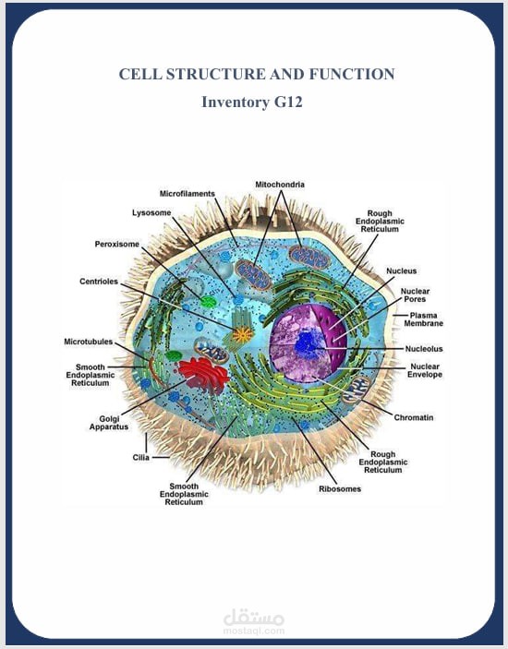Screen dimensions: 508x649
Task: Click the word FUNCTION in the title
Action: tap(352, 74)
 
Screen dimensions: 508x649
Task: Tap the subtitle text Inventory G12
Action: tap(252, 102)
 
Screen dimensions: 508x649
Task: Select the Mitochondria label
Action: tap(280, 185)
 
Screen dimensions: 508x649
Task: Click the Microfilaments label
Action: tap(187, 194)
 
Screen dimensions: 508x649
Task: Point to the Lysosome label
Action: tap(151, 212)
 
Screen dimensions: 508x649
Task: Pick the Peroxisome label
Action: tap(116, 245)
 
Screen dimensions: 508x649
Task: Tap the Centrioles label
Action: tap(99, 282)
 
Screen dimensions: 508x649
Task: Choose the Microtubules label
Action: tap(88, 342)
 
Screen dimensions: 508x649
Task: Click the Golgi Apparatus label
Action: tap(109, 423)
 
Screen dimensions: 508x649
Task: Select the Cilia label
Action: tap(140, 457)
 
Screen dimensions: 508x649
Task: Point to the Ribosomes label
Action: tap(340, 488)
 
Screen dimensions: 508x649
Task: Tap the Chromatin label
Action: tap(414, 417)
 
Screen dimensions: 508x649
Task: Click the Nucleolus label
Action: tap(424, 349)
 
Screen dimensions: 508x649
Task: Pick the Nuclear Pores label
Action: tap(415, 295)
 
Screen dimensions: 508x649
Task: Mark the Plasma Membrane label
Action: tap(424, 319)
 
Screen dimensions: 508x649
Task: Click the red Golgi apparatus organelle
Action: tap(204, 376)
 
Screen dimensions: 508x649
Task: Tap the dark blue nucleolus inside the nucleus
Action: tap(307, 344)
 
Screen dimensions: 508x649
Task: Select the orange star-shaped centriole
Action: tap(242, 333)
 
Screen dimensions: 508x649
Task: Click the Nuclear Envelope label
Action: tap(425, 370)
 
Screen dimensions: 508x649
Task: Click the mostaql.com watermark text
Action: tap(254, 631)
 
